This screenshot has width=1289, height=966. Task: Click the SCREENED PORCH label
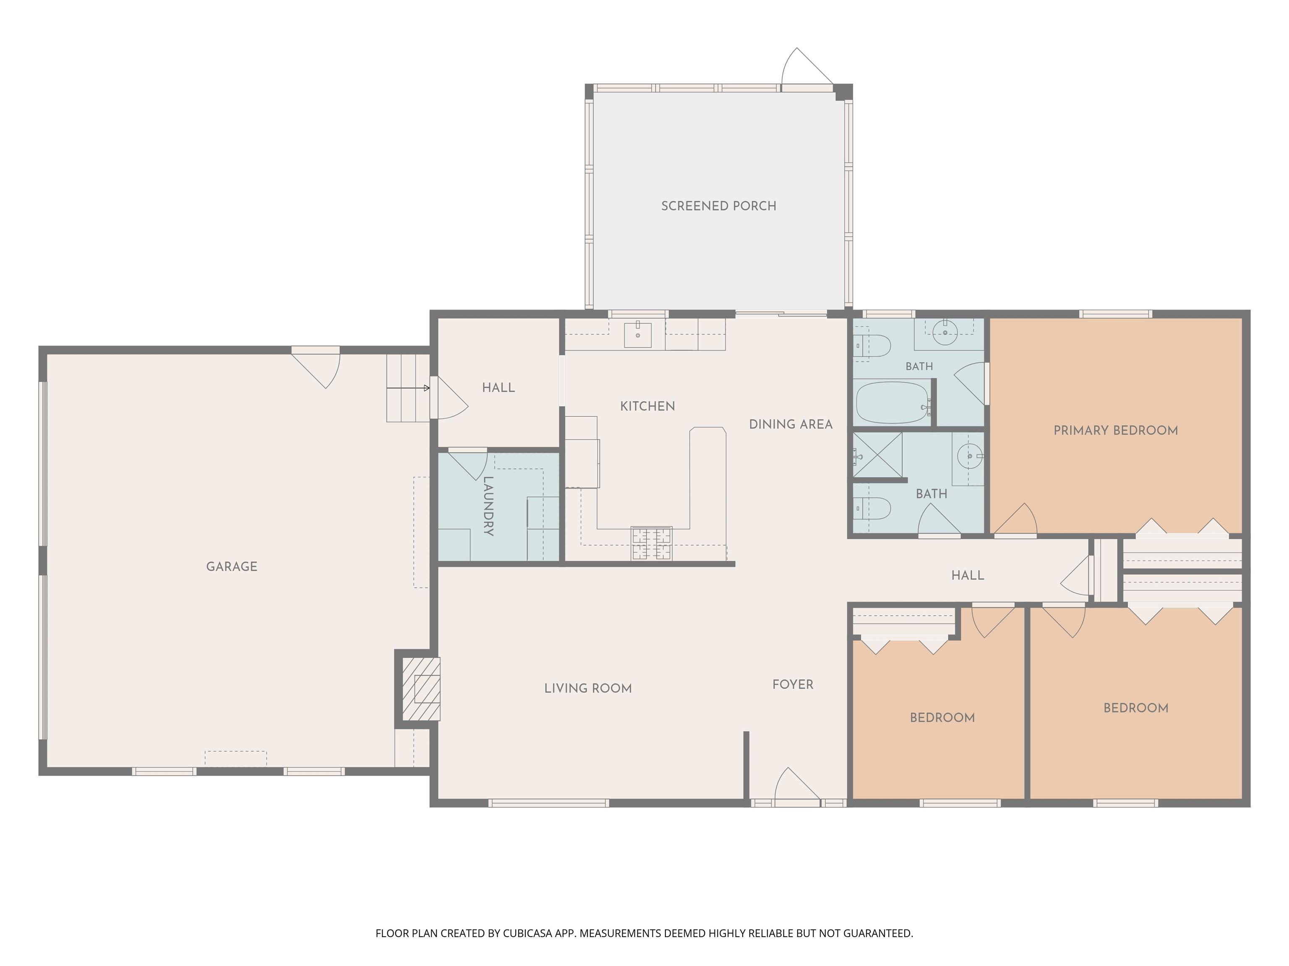718,206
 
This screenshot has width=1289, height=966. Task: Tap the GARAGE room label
232,566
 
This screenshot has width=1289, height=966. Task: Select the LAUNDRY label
488,506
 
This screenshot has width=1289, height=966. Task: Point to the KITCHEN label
647,406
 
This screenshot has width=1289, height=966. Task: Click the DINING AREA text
791,424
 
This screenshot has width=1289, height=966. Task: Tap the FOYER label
793,685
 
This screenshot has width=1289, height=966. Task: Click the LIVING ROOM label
588,688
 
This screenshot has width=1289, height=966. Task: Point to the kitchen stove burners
652,543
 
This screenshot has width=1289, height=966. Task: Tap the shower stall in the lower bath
878,455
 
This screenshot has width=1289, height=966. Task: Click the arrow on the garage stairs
408,388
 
